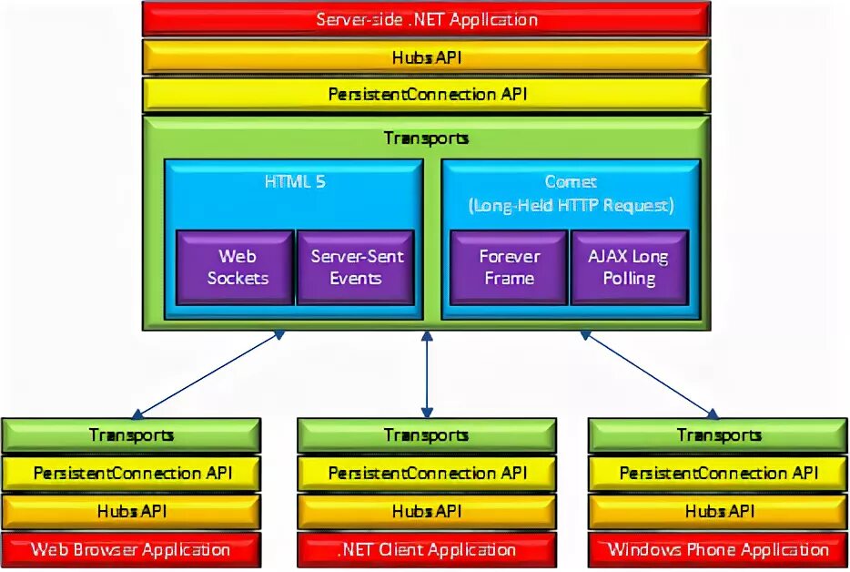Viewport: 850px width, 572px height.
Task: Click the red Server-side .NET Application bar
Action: [426, 19]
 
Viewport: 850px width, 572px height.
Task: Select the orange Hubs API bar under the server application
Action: [426, 56]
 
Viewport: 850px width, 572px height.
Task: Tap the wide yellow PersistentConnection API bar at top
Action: [426, 94]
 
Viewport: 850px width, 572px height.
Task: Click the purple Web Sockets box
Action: [237, 267]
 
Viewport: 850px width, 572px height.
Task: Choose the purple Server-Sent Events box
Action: [355, 267]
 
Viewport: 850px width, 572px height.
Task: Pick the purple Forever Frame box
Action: [509, 267]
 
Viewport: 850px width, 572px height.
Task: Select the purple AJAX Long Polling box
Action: [628, 267]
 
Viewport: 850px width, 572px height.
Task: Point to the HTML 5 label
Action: [294, 181]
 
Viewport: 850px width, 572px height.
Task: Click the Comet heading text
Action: [571, 181]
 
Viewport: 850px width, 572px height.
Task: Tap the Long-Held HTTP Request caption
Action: [571, 205]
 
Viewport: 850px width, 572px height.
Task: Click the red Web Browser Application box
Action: [131, 549]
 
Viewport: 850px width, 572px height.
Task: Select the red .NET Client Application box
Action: [426, 549]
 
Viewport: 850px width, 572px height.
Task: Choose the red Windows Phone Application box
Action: [718, 549]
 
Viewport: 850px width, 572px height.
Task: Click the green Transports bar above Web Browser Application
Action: [131, 435]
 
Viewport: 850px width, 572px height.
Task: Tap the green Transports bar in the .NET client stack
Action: [426, 435]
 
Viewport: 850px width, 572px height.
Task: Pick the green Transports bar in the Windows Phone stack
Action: [718, 435]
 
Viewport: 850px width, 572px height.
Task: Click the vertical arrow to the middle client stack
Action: [426, 373]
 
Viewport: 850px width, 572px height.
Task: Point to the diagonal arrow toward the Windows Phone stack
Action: [648, 373]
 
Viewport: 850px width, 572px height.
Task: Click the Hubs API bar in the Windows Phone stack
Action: [718, 511]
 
